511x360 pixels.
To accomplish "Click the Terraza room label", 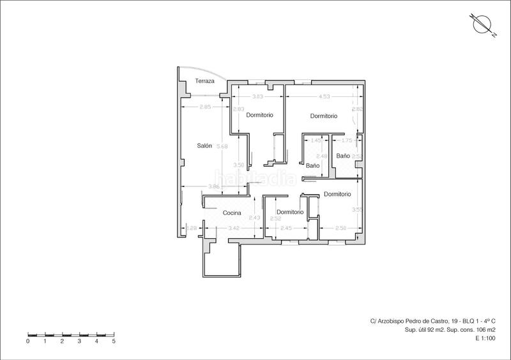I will pyautogui.click(x=205, y=82).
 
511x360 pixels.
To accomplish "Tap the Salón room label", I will pyautogui.click(x=204, y=146).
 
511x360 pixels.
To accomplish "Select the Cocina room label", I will pyautogui.click(x=232, y=213).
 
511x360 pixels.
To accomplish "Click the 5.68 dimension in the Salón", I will pyautogui.click(x=222, y=147).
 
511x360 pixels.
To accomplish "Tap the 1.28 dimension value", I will pyautogui.click(x=190, y=228).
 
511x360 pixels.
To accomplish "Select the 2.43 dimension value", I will pyautogui.click(x=254, y=218).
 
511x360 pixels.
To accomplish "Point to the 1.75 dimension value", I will pyautogui.click(x=347, y=140).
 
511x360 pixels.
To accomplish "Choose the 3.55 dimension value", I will pyautogui.click(x=357, y=209).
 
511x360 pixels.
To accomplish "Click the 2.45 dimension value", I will pyautogui.click(x=286, y=228).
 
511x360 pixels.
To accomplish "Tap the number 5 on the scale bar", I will pyautogui.click(x=114, y=341).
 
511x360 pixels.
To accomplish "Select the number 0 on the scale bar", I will pyautogui.click(x=28, y=341).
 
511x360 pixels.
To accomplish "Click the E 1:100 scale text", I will pyautogui.click(x=485, y=338).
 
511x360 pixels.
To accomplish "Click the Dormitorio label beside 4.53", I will pyautogui.click(x=323, y=116).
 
